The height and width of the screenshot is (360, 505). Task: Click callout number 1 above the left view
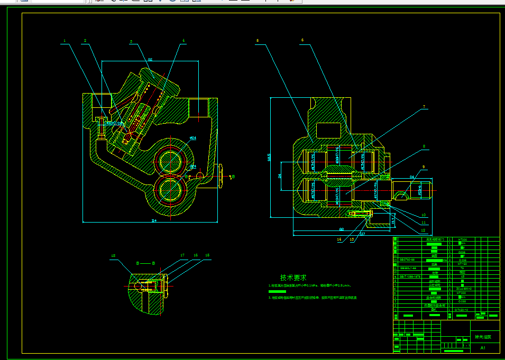65,41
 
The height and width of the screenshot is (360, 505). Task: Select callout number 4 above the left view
183,41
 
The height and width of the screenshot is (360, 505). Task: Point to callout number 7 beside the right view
424,107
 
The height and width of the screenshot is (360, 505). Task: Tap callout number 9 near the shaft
424,167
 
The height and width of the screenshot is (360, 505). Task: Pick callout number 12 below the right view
423,231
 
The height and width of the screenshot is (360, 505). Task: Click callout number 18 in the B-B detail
113,255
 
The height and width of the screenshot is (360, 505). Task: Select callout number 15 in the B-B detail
207,255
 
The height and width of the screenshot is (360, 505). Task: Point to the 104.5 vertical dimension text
269,158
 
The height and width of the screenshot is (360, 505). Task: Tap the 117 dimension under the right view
362,233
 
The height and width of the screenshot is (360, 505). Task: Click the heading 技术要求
293,278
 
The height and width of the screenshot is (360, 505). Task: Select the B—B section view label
145,263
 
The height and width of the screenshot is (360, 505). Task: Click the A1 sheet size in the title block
482,348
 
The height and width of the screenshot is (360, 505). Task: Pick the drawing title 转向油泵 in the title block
483,337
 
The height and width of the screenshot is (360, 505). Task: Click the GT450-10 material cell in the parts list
462,310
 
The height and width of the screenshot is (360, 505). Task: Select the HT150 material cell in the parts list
462,264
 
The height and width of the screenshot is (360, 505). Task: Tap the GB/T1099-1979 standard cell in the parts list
410,276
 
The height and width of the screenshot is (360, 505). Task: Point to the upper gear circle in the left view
170,158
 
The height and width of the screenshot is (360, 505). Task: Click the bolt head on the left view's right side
219,176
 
